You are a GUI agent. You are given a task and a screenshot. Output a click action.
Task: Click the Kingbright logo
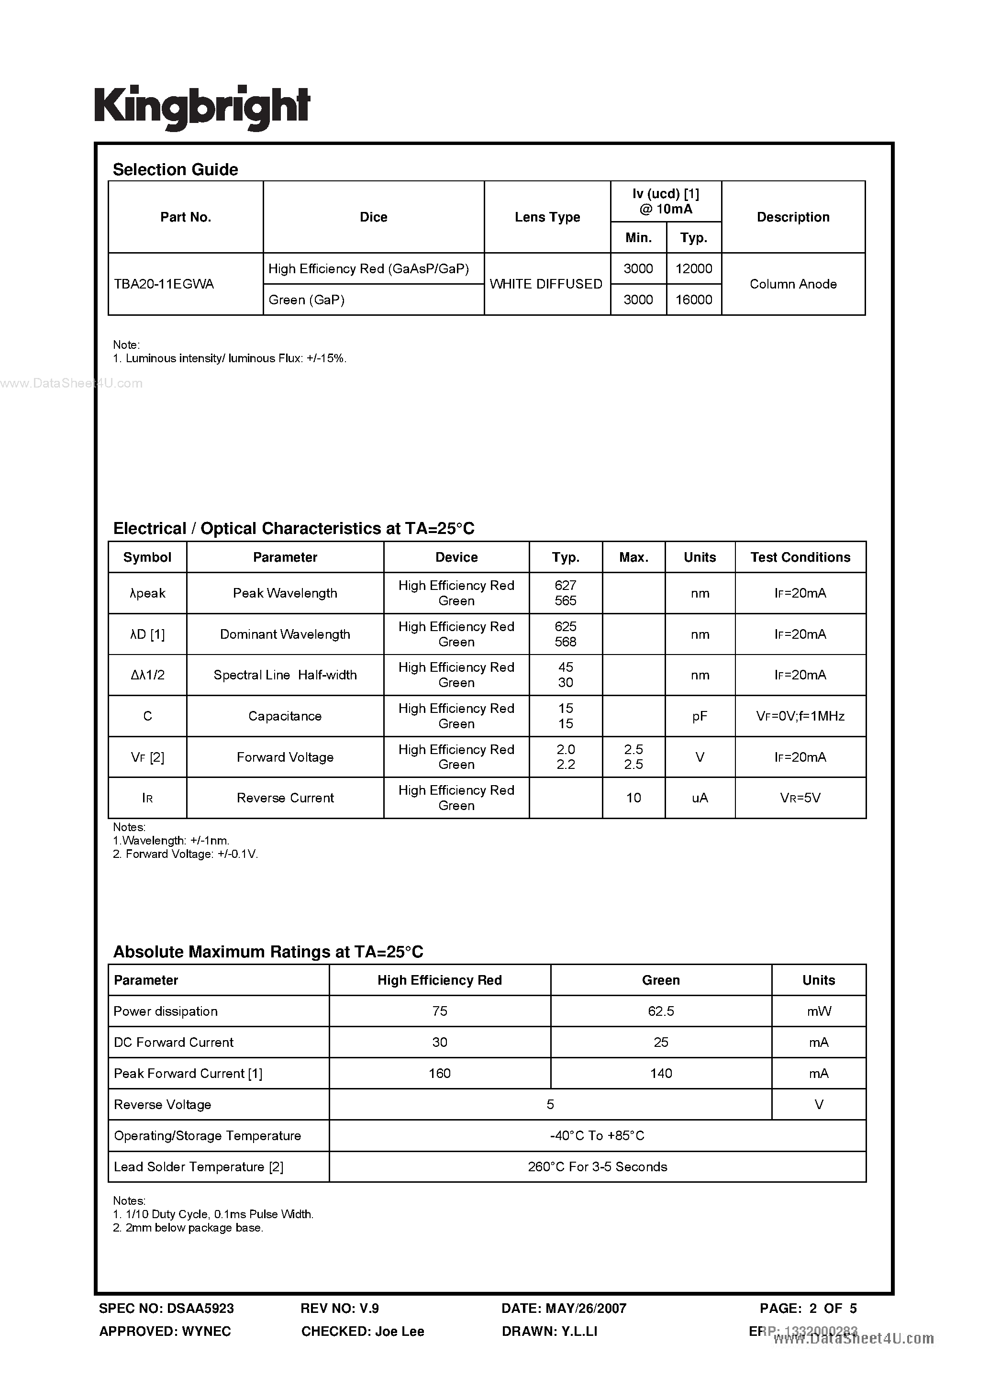coord(202,107)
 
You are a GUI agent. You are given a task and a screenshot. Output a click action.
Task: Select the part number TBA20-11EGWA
coord(164,284)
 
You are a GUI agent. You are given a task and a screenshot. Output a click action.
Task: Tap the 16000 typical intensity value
coord(693,300)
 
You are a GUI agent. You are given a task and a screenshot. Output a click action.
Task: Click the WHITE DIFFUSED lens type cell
coord(546,284)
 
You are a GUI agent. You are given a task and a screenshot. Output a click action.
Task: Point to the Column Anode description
coord(793,284)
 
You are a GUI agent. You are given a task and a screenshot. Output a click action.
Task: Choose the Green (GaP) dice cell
coord(307,300)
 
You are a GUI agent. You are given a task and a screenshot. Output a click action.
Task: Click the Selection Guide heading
coord(176,169)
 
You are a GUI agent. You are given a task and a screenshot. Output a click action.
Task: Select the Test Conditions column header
coord(800,557)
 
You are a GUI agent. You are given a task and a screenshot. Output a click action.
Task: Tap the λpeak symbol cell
coord(147,593)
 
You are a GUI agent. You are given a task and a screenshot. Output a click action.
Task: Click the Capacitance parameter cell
coord(285,716)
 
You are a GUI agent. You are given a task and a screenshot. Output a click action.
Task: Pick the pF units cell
coord(700,716)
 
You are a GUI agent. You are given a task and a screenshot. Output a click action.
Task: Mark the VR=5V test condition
coord(800,798)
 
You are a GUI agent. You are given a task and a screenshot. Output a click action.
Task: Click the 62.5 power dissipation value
coord(661,1011)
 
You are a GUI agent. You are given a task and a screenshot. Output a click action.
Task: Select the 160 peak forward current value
coord(439,1073)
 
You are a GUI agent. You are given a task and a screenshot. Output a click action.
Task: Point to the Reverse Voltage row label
coord(163,1104)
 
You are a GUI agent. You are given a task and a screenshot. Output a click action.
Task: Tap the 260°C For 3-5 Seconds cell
coord(597,1166)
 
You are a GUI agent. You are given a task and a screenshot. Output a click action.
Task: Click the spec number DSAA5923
coord(200,1308)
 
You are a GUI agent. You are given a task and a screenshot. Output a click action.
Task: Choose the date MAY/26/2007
coord(586,1308)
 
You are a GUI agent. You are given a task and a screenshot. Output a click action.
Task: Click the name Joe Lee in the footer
coord(399,1332)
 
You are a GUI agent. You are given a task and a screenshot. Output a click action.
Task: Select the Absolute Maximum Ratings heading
coord(268,952)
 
